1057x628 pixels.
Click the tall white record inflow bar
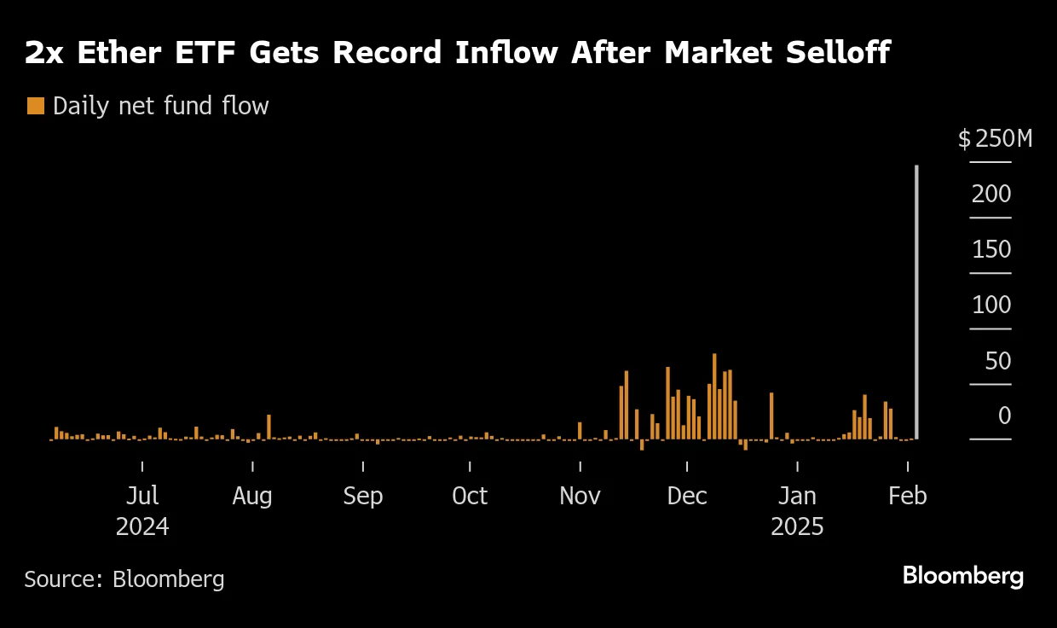point(916,302)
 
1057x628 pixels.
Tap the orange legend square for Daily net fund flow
point(36,106)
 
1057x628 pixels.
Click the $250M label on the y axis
point(994,139)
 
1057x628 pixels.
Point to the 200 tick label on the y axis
point(991,195)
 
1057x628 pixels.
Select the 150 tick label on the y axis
point(991,250)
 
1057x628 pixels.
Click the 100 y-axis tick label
point(991,305)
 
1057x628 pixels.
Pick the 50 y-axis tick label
point(997,361)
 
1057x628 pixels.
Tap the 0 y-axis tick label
point(1004,416)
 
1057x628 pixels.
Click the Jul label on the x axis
point(142,496)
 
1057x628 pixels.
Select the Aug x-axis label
point(252,496)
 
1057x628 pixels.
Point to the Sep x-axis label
point(363,496)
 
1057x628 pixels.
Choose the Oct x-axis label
point(470,496)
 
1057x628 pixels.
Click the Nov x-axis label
point(580,496)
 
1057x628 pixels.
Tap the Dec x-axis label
point(687,496)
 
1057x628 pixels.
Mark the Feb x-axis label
point(908,496)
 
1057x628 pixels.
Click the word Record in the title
point(387,53)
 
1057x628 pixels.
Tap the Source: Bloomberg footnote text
point(124,579)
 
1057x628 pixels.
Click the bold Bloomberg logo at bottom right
point(962,577)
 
